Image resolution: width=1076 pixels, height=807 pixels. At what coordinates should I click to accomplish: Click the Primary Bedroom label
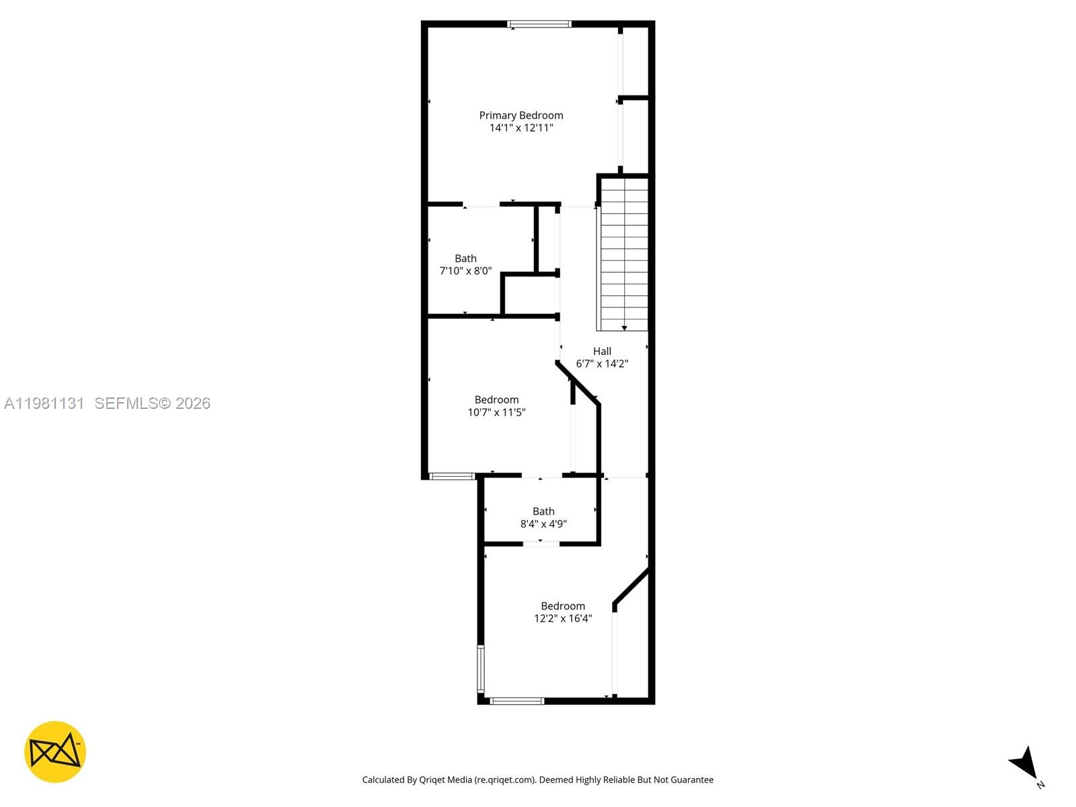pyautogui.click(x=521, y=115)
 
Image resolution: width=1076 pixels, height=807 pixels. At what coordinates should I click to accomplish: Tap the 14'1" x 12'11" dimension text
pyautogui.click(x=521, y=128)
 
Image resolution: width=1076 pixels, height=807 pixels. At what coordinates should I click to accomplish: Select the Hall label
pyautogui.click(x=602, y=351)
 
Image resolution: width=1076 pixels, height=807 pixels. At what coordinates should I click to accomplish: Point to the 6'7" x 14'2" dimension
pyautogui.click(x=602, y=364)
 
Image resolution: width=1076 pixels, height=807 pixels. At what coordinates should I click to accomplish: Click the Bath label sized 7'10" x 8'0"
pyautogui.click(x=465, y=258)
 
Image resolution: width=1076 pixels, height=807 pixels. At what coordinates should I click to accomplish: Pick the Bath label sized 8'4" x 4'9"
pyautogui.click(x=543, y=511)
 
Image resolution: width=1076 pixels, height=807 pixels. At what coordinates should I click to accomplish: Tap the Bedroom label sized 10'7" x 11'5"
pyautogui.click(x=496, y=399)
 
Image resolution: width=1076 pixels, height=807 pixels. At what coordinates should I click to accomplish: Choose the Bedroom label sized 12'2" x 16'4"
pyautogui.click(x=563, y=606)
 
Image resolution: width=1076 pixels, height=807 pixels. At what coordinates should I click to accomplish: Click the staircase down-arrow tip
pyautogui.click(x=624, y=328)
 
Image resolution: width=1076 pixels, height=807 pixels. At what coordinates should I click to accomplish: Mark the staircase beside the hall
pyautogui.click(x=624, y=256)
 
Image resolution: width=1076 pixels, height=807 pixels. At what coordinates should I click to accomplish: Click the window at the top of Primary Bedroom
pyautogui.click(x=539, y=24)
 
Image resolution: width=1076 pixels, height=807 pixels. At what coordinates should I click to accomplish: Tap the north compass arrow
pyautogui.click(x=1025, y=763)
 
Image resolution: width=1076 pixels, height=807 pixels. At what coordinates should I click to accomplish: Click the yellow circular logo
pyautogui.click(x=55, y=752)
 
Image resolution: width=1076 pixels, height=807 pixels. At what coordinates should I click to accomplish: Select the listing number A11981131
pyautogui.click(x=44, y=403)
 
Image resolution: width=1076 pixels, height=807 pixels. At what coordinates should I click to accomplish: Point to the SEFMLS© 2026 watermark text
pyautogui.click(x=153, y=403)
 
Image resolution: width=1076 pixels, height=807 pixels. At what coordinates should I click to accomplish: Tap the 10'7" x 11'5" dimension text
pyautogui.click(x=496, y=412)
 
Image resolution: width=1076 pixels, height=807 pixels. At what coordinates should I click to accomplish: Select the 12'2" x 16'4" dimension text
pyautogui.click(x=563, y=619)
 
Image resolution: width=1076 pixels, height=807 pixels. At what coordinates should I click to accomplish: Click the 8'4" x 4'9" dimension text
pyautogui.click(x=543, y=524)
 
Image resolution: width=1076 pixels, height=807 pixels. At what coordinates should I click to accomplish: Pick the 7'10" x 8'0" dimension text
pyautogui.click(x=465, y=271)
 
